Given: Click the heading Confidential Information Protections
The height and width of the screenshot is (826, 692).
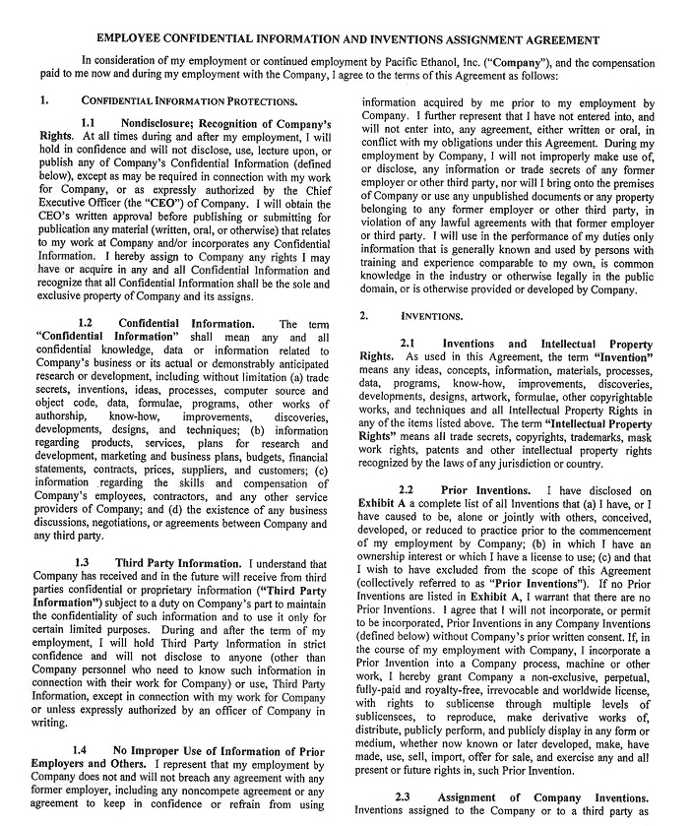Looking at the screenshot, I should (189, 100).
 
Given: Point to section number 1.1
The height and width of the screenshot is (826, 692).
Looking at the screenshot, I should (87, 124).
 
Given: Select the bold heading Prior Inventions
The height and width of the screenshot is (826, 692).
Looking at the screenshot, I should (480, 490).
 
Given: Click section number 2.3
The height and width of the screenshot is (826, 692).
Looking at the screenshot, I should (403, 796).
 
